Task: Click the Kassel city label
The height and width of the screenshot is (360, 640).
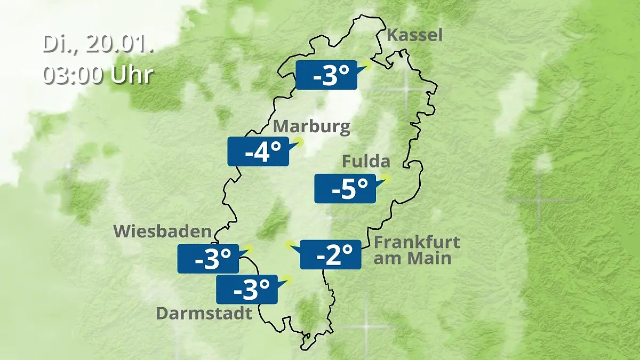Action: [414, 36]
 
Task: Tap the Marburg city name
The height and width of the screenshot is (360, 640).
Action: [311, 127]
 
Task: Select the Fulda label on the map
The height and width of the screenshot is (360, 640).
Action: [366, 161]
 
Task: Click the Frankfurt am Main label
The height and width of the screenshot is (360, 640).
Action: [416, 250]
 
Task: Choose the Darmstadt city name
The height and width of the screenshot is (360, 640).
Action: [204, 313]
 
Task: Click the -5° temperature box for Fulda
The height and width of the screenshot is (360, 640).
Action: [345, 188]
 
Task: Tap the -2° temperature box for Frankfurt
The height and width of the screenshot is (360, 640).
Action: [331, 254]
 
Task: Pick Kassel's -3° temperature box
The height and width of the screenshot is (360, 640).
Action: [326, 75]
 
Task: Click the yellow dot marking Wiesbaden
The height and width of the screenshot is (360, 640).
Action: [249, 249]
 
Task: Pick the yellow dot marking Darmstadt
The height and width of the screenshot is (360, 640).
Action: [288, 278]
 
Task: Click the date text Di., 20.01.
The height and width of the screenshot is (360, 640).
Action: [99, 44]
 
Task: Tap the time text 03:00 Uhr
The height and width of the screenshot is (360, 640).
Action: [98, 75]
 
